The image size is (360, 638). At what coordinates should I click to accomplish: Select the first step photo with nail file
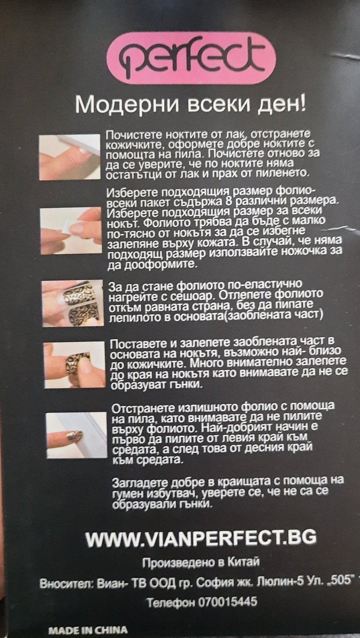coord(70,157)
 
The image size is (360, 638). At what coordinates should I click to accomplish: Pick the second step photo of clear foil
coord(70,231)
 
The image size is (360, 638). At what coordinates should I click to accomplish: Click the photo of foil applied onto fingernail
coord(74,365)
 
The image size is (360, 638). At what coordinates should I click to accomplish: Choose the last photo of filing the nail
coord(77,435)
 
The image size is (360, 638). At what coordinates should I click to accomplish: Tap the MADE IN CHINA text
coord(87,630)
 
